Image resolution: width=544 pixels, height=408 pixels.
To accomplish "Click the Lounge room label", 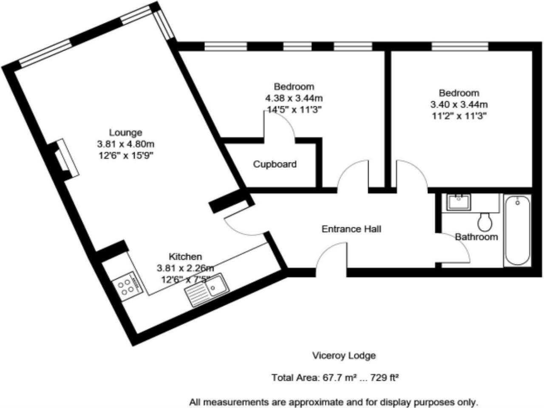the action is tap(126, 133).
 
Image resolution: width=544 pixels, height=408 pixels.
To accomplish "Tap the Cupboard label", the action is tap(275, 164).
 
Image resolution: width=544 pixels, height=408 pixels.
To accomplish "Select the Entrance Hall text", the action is tap(351, 229).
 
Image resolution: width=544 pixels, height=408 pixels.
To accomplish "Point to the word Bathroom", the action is tap(476, 237).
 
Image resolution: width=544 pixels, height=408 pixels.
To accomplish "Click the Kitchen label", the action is tap(185, 257).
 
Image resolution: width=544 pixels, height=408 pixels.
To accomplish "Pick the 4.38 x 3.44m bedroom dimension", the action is tap(294, 98).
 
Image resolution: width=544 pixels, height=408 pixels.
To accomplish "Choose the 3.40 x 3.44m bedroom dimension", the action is tap(459, 105).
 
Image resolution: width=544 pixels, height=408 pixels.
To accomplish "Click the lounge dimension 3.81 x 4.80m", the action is tap(126, 144).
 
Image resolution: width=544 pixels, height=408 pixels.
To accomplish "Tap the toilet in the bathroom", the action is tap(485, 222).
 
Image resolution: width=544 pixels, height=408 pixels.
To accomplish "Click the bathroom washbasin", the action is tap(459, 202).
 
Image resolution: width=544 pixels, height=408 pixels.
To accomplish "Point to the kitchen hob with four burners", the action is tap(127, 286).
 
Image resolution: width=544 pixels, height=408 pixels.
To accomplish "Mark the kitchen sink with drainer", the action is tap(207, 290).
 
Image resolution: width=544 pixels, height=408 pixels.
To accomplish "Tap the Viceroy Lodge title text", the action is tap(344, 356).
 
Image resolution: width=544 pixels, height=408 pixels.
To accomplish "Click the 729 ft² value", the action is tap(385, 378).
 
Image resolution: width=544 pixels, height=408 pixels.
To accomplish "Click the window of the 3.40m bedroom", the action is tap(460, 47).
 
